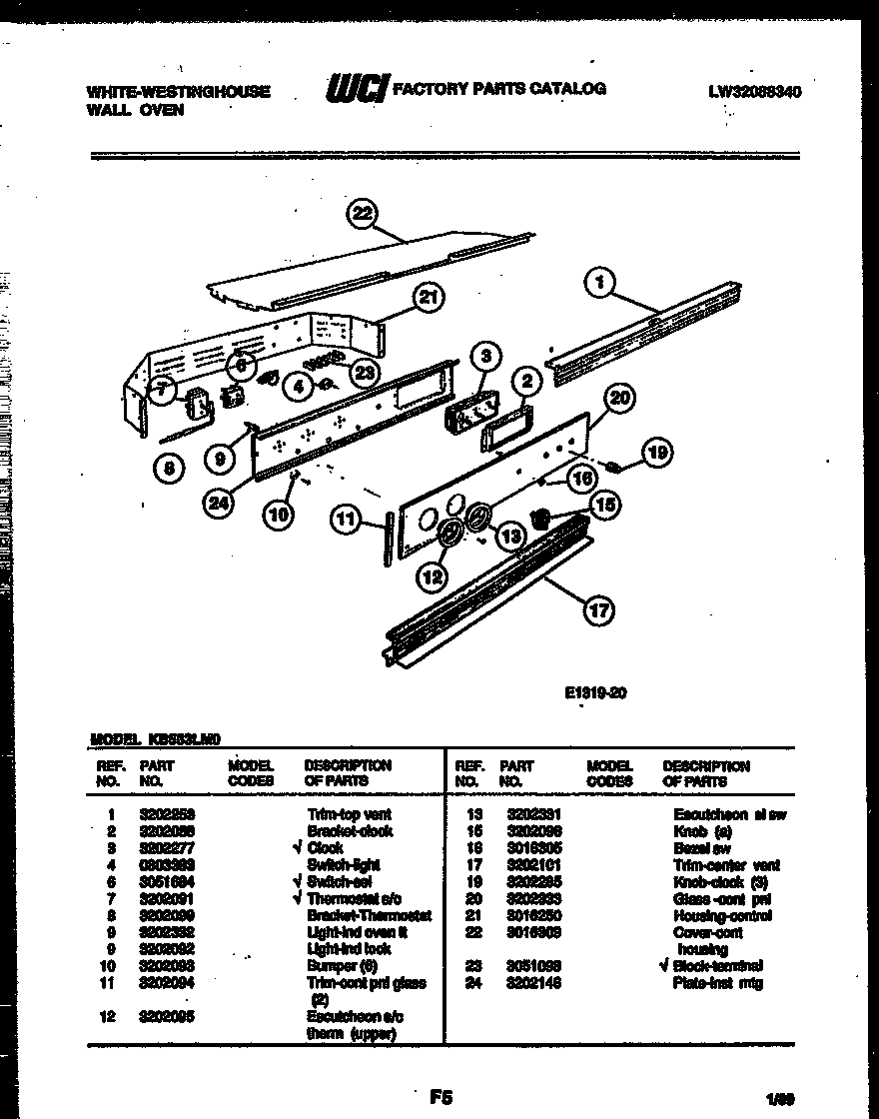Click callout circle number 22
click(363, 214)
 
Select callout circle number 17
click(597, 610)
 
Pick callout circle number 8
click(170, 468)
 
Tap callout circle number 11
click(346, 518)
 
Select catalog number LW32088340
click(755, 91)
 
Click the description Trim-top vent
click(350, 814)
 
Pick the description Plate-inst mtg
click(716, 983)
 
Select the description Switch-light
click(344, 864)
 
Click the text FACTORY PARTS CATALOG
click(498, 89)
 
